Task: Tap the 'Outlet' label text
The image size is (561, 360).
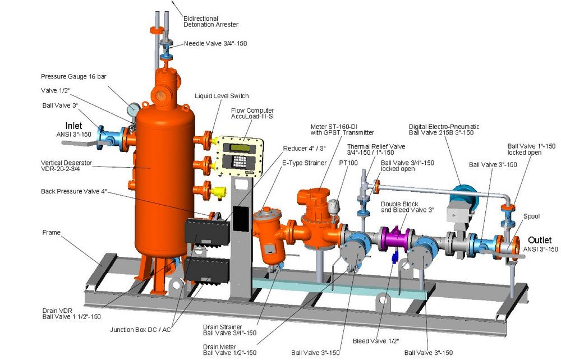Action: pyautogui.click(x=540, y=240)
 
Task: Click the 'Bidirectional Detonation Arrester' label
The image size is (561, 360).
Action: pyautogui.click(x=211, y=21)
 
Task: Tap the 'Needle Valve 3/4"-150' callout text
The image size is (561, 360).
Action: pyautogui.click(x=215, y=43)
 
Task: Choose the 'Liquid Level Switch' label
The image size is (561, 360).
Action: pyautogui.click(x=222, y=96)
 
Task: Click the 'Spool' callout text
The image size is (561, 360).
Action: pyautogui.click(x=531, y=216)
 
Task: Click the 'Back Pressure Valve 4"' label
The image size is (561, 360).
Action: pyautogui.click(x=73, y=191)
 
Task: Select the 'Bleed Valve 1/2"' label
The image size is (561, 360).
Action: pyautogui.click(x=374, y=340)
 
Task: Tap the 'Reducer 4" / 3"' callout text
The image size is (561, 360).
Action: pyautogui.click(x=303, y=148)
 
